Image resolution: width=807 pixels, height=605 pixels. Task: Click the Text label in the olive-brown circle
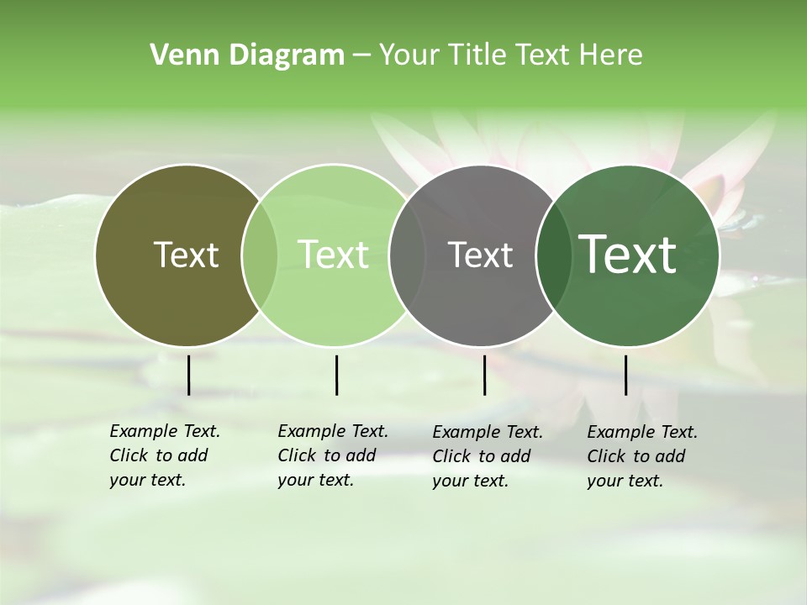pos(186,255)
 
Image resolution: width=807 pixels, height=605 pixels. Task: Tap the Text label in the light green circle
pos(333,255)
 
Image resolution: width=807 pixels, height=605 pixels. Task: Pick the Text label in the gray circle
pos(480,255)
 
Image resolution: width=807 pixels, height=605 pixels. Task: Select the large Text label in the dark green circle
pos(628,255)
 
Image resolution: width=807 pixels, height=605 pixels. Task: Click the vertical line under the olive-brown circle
pos(188,375)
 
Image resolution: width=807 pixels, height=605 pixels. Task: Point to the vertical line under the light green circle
pos(336,375)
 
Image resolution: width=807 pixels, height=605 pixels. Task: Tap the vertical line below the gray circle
pos(484,375)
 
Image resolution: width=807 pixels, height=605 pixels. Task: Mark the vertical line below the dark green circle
pos(625,375)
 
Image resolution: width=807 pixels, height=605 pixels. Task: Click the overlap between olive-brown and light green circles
pos(260,255)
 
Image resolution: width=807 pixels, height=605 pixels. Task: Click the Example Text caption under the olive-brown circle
pos(165,455)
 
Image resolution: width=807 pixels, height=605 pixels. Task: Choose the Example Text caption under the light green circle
pos(333,455)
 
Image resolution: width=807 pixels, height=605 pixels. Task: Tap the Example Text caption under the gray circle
pos(488,456)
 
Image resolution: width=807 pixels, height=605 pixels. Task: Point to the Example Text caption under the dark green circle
pos(642,456)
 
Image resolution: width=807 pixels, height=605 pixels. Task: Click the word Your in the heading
pos(408,55)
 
